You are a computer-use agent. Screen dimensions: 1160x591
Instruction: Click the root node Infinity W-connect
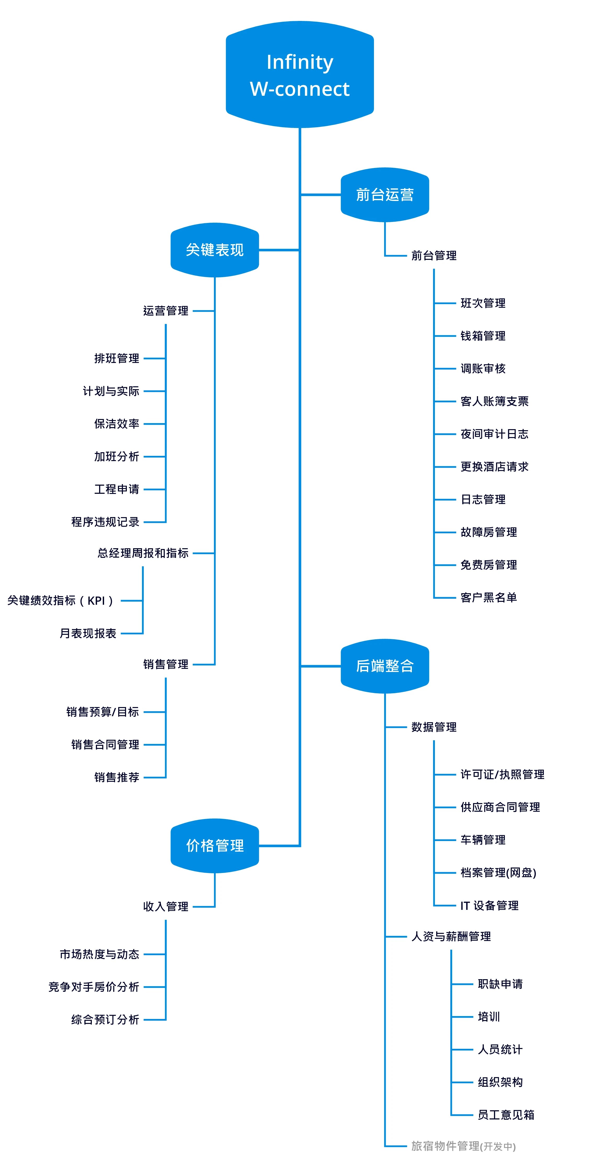299,75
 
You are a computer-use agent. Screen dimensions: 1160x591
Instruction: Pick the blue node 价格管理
215,845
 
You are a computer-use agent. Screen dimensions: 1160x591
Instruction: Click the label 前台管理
434,256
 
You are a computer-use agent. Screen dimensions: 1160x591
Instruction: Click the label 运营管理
166,311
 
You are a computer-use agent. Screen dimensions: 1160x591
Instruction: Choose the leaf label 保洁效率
117,424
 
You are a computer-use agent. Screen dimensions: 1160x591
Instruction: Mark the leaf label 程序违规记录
105,522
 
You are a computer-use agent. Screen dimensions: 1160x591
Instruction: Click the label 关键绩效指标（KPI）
60,600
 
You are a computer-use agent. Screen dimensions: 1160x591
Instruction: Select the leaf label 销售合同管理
105,745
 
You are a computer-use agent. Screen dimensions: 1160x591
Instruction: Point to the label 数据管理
434,727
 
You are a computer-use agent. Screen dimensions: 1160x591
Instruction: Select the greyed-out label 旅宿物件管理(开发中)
463,1146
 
